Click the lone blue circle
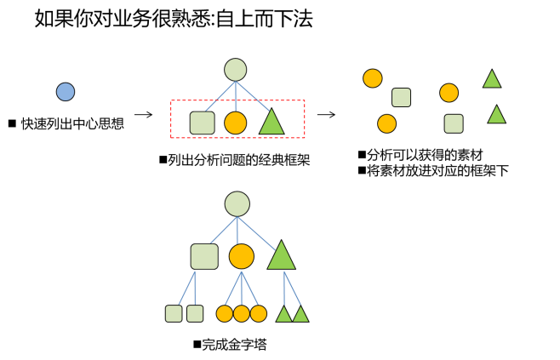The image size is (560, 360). pos(66,92)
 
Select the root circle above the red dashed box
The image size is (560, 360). pos(236,70)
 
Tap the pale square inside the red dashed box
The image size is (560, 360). pos(202,123)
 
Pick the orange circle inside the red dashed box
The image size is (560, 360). pos(236,123)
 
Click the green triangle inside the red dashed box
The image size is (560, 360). pos(271,123)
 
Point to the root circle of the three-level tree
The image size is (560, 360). pos(237,204)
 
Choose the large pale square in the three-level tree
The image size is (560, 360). pos(204,256)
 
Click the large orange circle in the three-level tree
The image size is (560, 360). pos(242,256)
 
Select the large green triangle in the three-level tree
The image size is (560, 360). pos(281,257)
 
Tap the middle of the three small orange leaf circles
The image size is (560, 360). pos(242,313)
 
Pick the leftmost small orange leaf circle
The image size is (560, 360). pos(225,313)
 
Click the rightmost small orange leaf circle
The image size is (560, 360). pos(259,313)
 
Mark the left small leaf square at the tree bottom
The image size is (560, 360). pos(174,313)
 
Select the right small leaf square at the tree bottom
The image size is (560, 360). pos(195,313)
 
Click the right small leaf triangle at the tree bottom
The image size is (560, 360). pos(300,315)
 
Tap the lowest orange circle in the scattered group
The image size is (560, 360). pos(387,123)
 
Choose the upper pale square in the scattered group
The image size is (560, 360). pos(401,98)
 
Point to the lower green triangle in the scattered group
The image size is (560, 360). pos(496,116)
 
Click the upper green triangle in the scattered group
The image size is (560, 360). pos(492,80)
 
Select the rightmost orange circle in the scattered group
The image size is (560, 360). pos(449,93)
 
